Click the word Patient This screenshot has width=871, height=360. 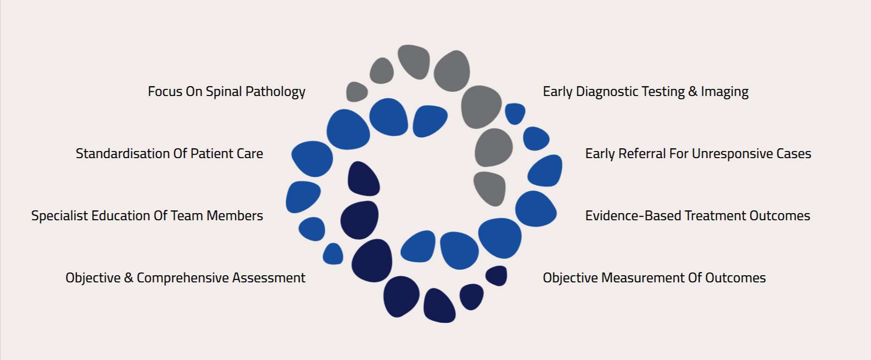pyautogui.click(x=212, y=153)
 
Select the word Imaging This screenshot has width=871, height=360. pyautogui.click(x=725, y=92)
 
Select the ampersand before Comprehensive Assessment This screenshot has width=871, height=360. pyautogui.click(x=128, y=278)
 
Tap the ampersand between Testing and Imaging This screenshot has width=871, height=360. pyautogui.click(x=693, y=91)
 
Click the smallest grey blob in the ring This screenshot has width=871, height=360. pyautogui.click(x=357, y=92)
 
